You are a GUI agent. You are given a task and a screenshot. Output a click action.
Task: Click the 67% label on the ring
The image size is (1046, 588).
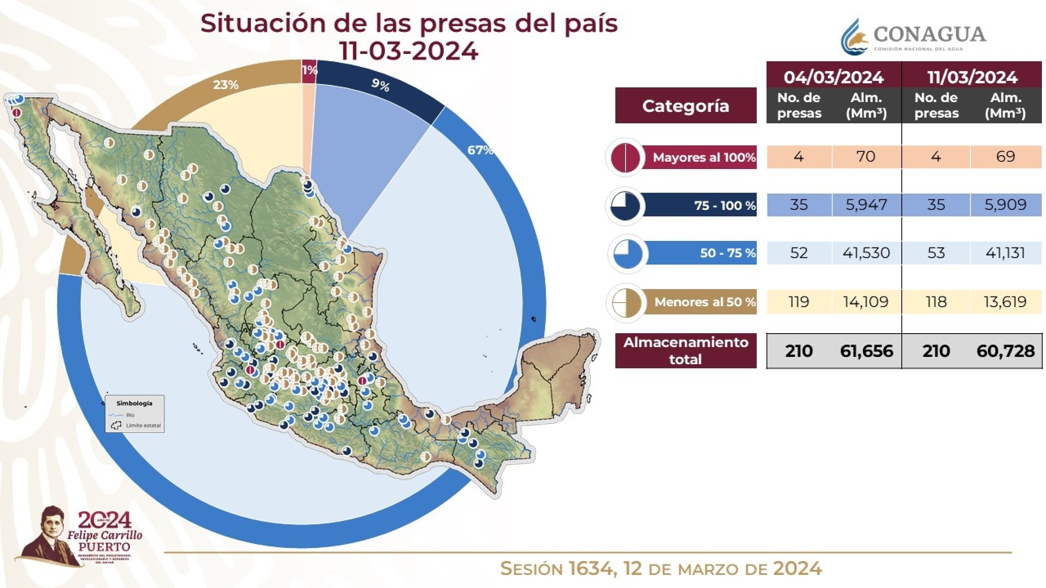[480, 150]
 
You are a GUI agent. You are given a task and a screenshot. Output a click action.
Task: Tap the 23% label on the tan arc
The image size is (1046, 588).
[226, 85]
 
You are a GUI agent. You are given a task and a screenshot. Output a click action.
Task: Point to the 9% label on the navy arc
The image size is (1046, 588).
[380, 85]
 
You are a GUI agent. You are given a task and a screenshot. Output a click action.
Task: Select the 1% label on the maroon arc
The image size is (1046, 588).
[309, 70]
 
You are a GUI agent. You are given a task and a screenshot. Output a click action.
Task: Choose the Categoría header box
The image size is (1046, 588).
[686, 106]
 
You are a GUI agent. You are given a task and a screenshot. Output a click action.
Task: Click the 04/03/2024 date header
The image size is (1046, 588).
[834, 77]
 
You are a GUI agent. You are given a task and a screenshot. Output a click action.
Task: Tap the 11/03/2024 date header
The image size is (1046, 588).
[972, 77]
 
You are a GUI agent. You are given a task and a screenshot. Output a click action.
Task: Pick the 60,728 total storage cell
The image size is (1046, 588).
[1006, 351]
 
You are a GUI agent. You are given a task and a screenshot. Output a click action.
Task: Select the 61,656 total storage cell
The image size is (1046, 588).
[866, 351]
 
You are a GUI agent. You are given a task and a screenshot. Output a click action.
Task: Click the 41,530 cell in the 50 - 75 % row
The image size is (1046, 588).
[866, 253]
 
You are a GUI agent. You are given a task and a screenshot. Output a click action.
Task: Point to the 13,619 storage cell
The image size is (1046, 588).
[1006, 302]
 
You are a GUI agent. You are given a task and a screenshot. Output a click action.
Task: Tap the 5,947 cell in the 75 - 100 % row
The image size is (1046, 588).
[866, 205]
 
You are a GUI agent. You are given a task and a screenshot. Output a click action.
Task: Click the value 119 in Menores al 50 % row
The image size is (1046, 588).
[798, 302]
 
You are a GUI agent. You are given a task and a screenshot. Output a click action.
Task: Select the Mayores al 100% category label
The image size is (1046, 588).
[704, 157]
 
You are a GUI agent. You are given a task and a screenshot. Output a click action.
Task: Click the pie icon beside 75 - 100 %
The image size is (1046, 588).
[625, 206]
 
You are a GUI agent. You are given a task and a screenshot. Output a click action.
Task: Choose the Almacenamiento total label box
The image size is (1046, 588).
[686, 351]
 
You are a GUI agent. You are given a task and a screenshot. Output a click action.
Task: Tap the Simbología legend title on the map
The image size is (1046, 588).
[134, 403]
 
